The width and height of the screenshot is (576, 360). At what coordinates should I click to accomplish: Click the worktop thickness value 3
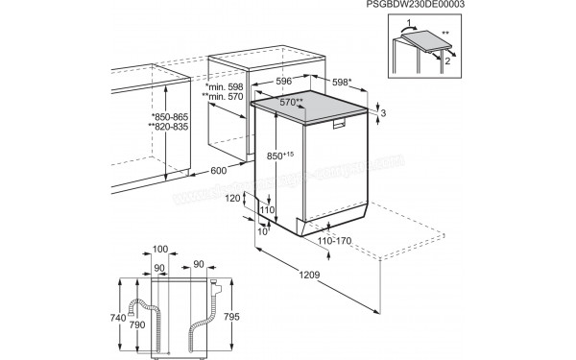coord(383,115)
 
